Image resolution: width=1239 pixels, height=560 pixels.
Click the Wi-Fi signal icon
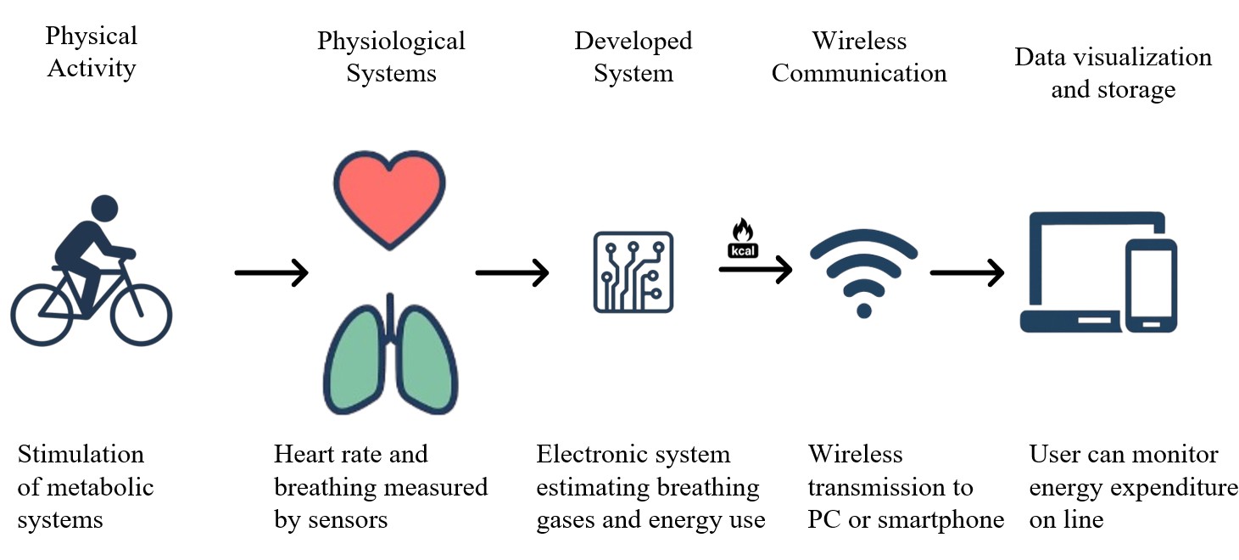click(863, 272)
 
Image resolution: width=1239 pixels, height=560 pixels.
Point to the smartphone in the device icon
click(1150, 284)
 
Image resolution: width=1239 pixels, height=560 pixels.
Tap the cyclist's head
click(104, 208)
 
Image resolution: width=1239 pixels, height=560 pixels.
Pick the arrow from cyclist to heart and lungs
click(271, 272)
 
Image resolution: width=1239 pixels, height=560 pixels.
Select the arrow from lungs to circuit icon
click(512, 272)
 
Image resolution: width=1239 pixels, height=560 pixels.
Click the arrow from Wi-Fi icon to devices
click(967, 272)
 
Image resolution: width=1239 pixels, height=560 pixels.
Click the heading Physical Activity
click(92, 52)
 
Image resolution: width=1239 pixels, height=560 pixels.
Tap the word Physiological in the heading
click(391, 41)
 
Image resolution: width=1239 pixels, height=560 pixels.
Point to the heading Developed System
click(633, 57)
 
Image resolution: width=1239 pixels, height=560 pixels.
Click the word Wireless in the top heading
click(859, 41)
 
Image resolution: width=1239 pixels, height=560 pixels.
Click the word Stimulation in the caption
click(81, 454)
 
